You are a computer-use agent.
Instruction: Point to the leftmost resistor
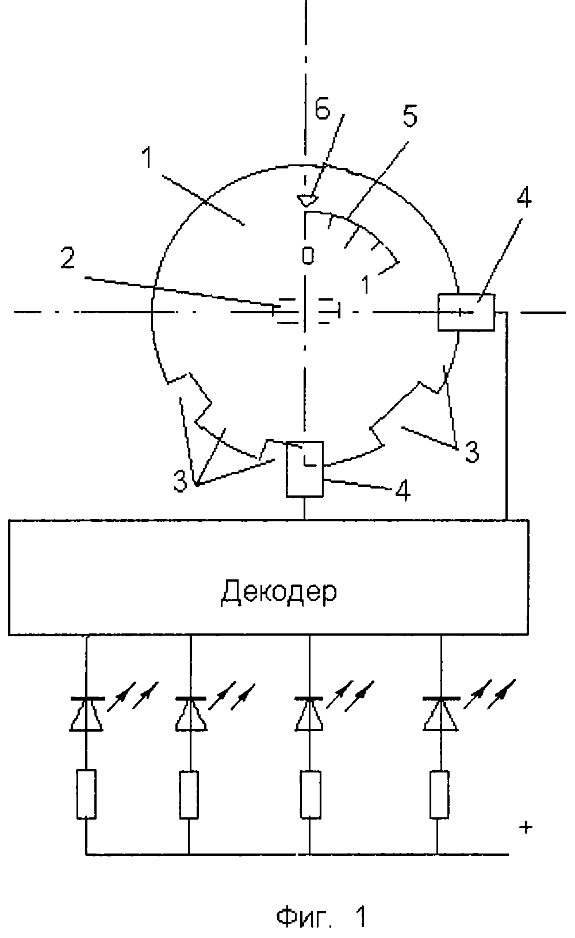[x=86, y=794]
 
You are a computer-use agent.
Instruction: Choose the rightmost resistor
[x=439, y=794]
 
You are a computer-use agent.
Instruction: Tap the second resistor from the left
[x=189, y=794]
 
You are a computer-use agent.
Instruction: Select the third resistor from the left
[x=310, y=794]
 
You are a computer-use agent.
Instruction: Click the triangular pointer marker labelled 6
[x=306, y=200]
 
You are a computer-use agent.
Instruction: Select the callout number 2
[x=67, y=258]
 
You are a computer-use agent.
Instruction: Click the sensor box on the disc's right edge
[x=466, y=313]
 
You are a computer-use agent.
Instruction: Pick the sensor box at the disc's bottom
[x=304, y=469]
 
